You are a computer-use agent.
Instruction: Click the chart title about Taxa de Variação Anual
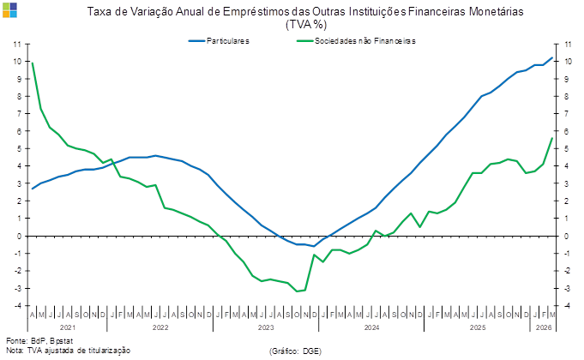305,12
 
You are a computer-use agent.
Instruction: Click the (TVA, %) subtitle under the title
305,24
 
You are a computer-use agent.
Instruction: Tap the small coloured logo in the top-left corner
7,7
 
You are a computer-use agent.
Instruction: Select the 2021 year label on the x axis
68,327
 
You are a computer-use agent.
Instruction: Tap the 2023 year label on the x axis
266,327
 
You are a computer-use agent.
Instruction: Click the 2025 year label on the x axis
477,327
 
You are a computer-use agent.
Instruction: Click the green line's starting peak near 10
33,63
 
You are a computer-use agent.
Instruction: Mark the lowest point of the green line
299,291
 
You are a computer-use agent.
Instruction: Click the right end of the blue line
552,57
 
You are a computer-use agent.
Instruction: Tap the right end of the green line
552,139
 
